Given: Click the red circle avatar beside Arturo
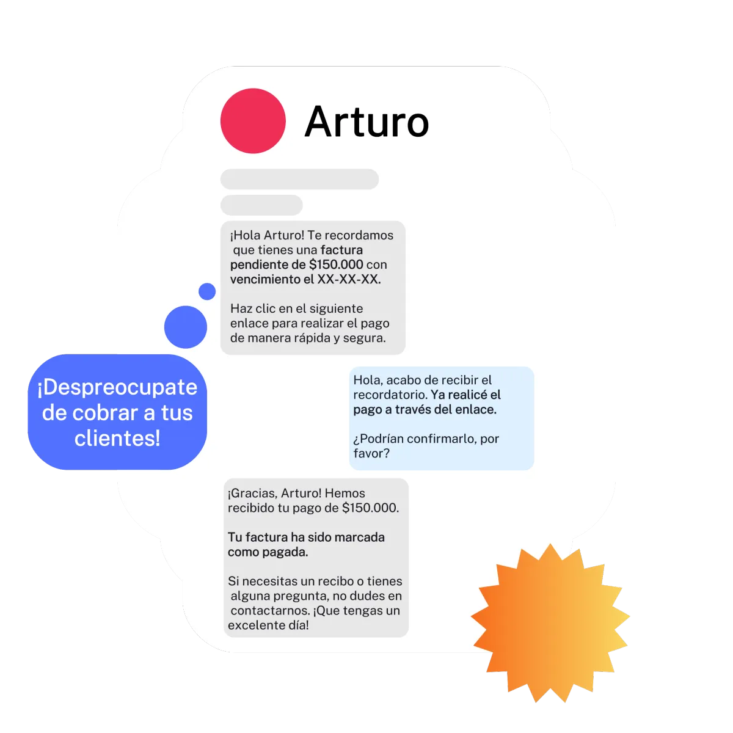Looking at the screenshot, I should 253,121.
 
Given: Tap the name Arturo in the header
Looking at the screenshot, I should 366,122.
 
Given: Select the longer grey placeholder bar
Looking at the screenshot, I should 299,180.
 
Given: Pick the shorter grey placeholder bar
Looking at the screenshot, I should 261,205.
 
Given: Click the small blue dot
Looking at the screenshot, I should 207,291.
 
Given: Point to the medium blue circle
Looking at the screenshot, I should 186,327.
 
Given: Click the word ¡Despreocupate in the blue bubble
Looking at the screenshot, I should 117,387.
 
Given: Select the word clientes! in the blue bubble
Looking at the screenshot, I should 117,438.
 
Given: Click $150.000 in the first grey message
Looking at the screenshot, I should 336,264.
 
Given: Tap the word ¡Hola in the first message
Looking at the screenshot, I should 245,235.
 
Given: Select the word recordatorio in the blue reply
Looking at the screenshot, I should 390,395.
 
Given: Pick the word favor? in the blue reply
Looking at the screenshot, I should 371,453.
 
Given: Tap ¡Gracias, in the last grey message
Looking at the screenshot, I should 252,493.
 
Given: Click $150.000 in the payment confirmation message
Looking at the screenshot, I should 370,508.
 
